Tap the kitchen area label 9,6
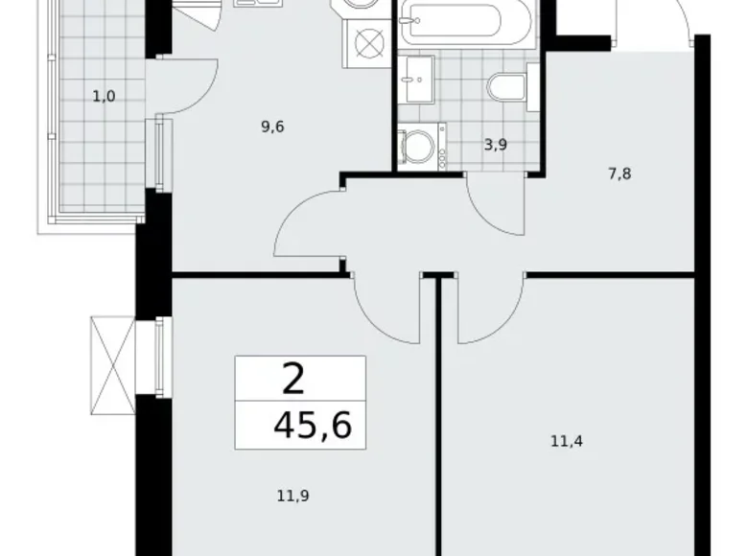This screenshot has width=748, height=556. (272, 126)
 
